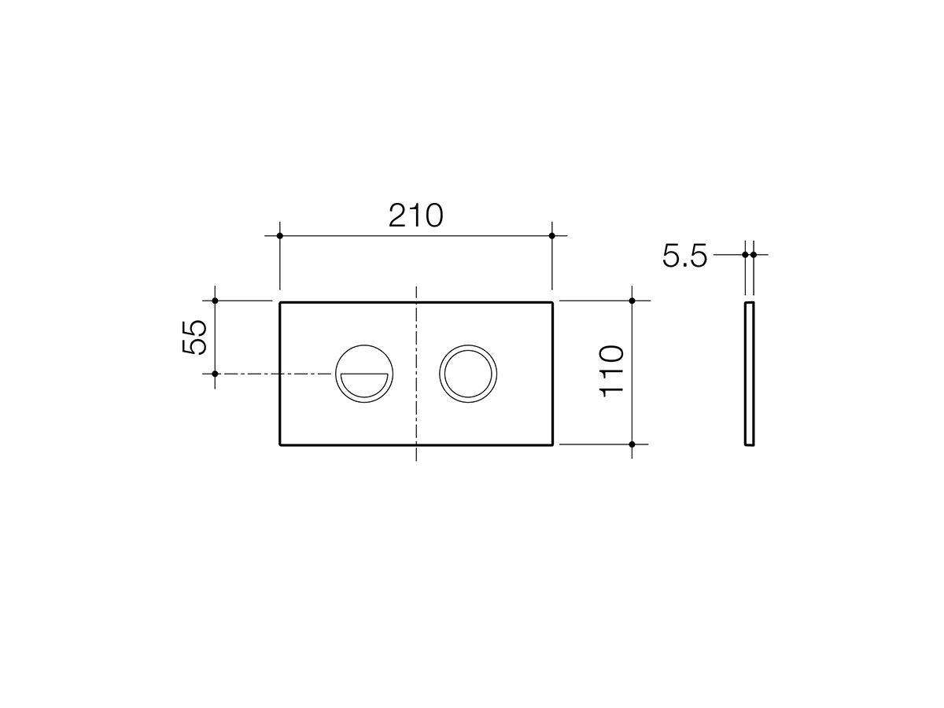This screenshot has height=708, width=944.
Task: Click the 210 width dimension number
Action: point(415,215)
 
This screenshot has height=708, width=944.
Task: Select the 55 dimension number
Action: point(195,337)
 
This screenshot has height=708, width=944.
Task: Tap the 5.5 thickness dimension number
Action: point(684,256)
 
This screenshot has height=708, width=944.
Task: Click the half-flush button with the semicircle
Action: point(363,374)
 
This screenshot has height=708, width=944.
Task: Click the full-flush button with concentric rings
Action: point(468,374)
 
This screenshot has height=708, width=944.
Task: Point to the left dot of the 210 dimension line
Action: point(279,235)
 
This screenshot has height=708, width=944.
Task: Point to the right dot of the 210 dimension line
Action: point(552,235)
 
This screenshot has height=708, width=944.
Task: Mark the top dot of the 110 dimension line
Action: point(632,301)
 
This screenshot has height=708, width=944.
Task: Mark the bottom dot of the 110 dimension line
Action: point(632,444)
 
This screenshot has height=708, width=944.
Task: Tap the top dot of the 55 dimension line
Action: point(215,301)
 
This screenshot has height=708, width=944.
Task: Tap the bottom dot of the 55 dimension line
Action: point(215,374)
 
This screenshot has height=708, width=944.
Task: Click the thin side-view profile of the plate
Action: point(750,373)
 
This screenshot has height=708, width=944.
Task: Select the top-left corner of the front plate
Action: point(280,301)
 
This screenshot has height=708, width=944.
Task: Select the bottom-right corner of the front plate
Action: point(552,444)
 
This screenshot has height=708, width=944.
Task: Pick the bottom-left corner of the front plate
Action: point(280,444)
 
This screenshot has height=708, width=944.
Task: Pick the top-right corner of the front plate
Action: point(552,301)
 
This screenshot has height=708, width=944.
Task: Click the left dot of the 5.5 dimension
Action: point(745,254)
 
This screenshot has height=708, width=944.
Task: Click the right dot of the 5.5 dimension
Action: point(754,254)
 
